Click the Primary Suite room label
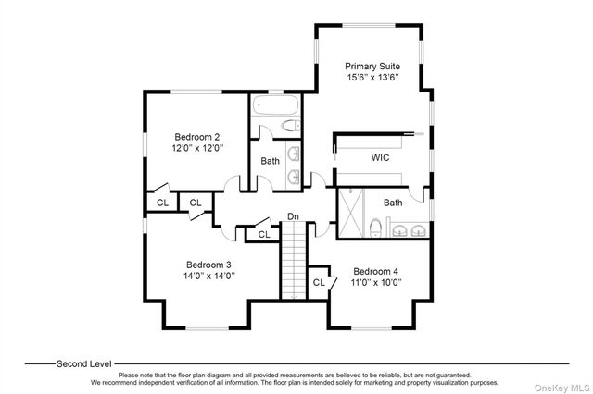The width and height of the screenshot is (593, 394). (x=372, y=66)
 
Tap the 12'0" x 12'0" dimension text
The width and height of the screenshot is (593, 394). (x=197, y=148)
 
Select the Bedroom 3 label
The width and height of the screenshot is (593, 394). (x=208, y=265)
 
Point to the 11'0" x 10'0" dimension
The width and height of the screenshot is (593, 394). (x=376, y=283)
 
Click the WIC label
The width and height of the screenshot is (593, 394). (x=380, y=158)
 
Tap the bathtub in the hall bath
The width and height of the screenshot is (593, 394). (x=275, y=105)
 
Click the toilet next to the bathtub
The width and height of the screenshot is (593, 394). (x=291, y=125)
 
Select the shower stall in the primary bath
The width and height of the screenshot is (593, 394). (x=350, y=214)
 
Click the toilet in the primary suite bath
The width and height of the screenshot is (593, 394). (x=375, y=228)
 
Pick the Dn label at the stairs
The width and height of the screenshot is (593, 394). (x=293, y=216)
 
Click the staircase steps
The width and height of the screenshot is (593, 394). (x=294, y=260)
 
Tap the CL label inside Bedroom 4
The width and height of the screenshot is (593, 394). (x=319, y=282)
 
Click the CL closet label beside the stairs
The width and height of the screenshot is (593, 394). (x=264, y=235)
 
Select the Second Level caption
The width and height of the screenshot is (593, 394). (x=84, y=364)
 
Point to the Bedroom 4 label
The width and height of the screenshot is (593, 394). (x=375, y=271)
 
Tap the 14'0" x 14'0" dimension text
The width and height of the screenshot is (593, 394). (x=209, y=276)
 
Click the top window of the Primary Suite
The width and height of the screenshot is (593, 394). (x=369, y=26)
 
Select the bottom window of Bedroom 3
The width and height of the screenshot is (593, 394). (x=208, y=328)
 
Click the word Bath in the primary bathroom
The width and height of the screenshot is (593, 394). (x=393, y=203)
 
